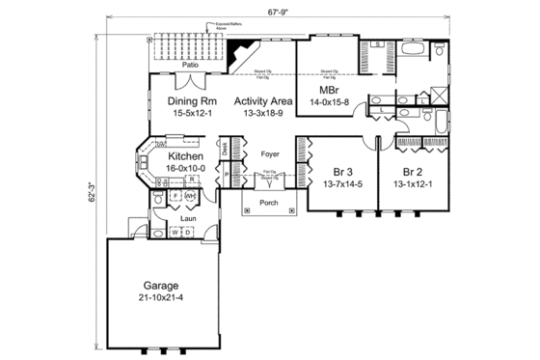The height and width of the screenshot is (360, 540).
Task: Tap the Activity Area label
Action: click(263, 99)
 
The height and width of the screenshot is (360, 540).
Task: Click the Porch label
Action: click(269, 204)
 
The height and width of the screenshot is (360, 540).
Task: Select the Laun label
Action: click(187, 217)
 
